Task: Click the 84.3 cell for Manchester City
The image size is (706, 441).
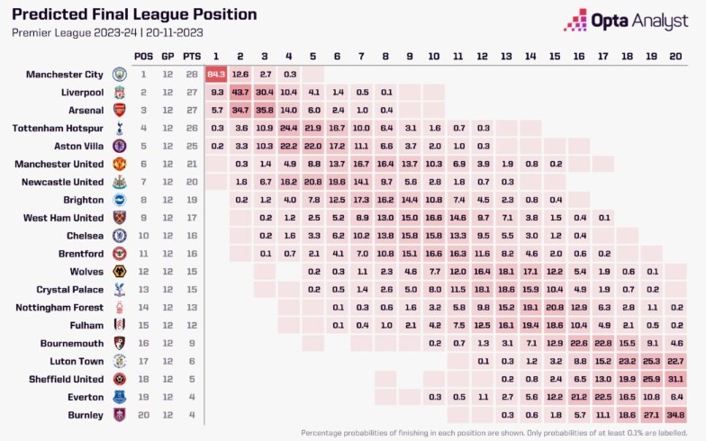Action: pos(216,74)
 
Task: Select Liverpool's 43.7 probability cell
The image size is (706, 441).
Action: pos(240,92)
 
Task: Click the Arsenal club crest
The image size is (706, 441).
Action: pos(119,110)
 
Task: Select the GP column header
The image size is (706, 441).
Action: pos(167,56)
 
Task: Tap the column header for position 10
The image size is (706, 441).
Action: pos(435,56)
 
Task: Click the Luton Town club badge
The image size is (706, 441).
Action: pos(119,361)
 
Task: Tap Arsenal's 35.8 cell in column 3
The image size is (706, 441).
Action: pos(265,110)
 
